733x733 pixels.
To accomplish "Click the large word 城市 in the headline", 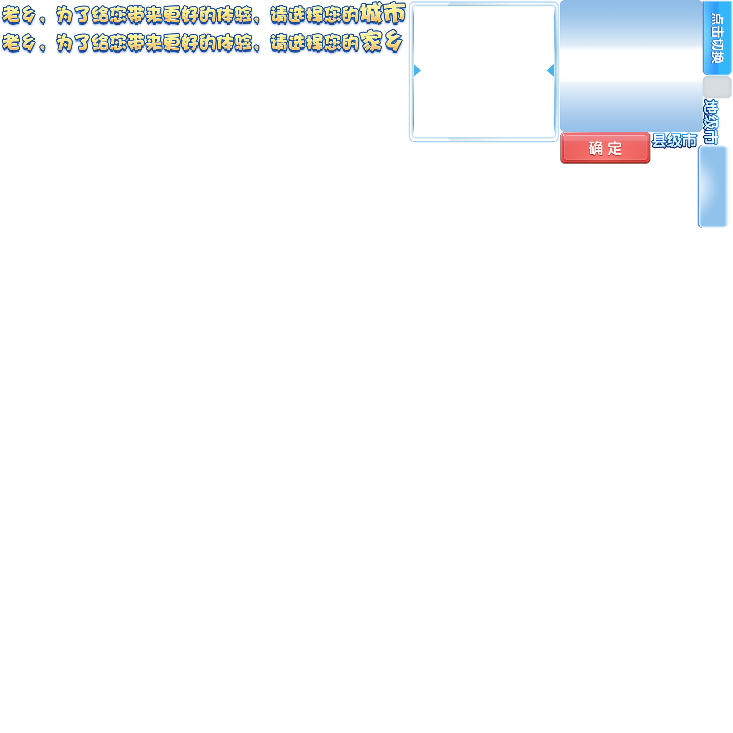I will (383, 14).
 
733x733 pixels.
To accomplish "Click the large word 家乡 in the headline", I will (381, 43).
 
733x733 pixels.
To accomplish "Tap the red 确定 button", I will (605, 148).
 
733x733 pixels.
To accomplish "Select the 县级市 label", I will (674, 140).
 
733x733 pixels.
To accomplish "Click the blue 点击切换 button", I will (717, 38).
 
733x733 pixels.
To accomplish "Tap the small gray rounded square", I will (717, 87).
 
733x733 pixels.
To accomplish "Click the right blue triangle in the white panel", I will (550, 70).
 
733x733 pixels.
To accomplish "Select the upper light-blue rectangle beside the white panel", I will (631, 26).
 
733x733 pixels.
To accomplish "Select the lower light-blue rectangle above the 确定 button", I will (631, 105).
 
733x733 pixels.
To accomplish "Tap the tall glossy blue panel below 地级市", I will (713, 187).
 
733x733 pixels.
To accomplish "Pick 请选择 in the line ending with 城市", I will (296, 16).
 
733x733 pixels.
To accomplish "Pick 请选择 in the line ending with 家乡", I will (296, 44).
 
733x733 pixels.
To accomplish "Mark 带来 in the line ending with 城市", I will (145, 16).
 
